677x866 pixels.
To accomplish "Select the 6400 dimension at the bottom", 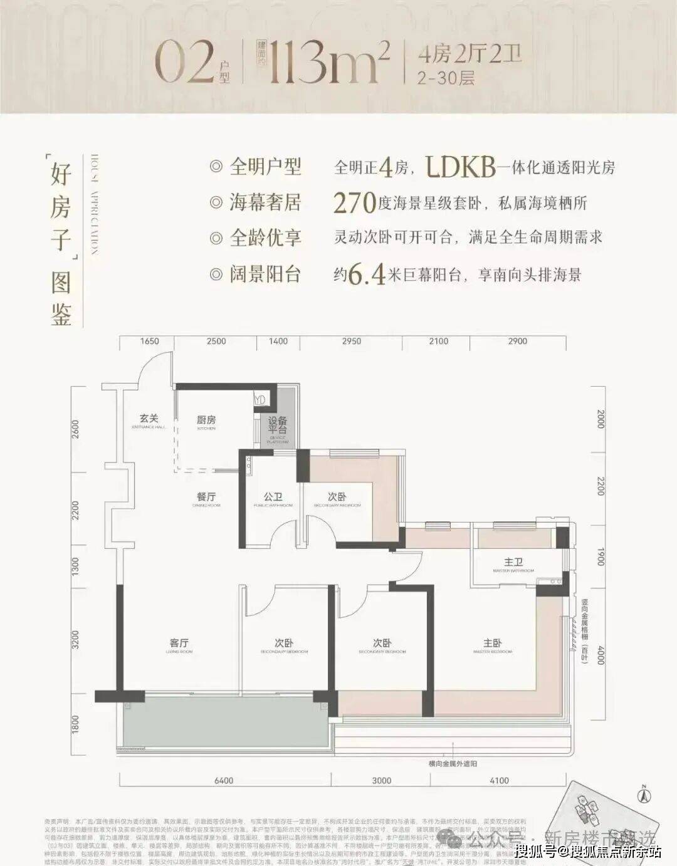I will click(224, 781).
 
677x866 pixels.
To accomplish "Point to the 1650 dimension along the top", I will click(149, 342).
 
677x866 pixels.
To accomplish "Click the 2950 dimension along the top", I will click(351, 342).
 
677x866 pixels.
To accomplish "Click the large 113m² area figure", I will click(327, 63).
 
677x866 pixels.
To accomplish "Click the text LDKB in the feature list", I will click(460, 167).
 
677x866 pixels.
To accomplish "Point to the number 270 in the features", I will click(354, 203).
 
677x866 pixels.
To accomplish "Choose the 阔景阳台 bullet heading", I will click(265, 274).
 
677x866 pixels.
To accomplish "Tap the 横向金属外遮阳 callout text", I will click(453, 764).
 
